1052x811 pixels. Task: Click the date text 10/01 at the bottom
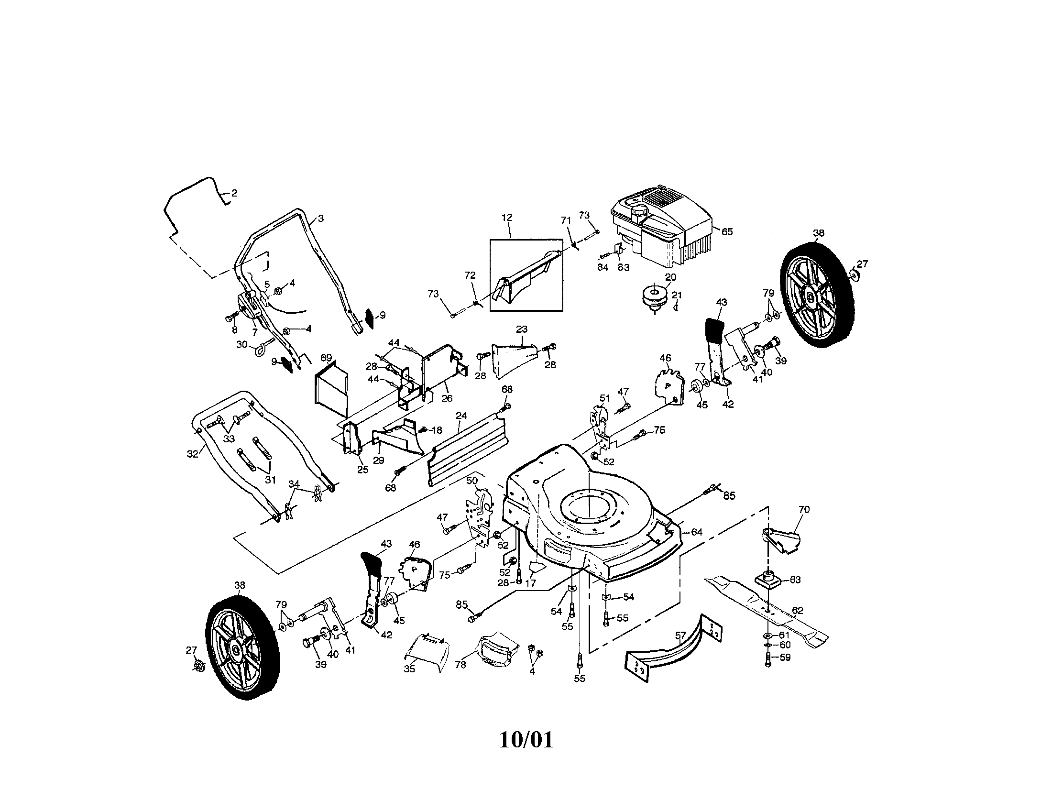coord(526,740)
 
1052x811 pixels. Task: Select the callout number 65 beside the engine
coord(727,231)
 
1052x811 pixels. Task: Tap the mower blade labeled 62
coord(766,611)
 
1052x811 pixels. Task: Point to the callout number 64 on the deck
coord(697,532)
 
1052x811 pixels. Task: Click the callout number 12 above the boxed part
coord(507,218)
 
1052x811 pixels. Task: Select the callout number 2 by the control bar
coord(234,193)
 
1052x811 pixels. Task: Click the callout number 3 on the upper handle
coord(321,219)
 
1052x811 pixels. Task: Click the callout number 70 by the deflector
coord(804,510)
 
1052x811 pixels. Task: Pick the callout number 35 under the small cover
coord(409,669)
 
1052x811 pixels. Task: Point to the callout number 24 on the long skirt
coord(461,416)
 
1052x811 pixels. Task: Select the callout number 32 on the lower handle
coord(193,454)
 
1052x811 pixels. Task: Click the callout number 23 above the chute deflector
coord(522,329)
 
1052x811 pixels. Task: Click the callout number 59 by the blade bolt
coord(785,658)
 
